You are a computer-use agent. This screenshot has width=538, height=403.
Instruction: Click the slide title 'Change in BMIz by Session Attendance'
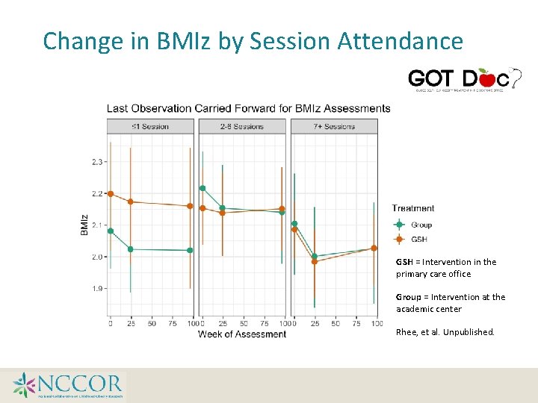click(x=253, y=41)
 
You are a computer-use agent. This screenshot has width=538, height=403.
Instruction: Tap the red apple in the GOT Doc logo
click(x=486, y=77)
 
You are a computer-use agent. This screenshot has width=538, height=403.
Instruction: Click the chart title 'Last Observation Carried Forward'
click(x=248, y=108)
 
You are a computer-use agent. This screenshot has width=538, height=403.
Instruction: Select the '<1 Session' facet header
click(x=150, y=126)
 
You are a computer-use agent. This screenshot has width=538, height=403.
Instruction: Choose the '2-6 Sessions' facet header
click(x=242, y=126)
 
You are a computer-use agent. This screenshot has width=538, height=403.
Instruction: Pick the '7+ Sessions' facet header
click(x=334, y=126)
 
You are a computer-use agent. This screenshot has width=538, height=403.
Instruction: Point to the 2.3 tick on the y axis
click(x=98, y=162)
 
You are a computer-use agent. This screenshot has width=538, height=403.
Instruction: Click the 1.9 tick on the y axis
click(x=98, y=289)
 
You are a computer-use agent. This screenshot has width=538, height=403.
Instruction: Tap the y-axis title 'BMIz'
click(x=84, y=225)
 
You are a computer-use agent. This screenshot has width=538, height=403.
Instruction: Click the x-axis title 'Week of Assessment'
click(x=241, y=334)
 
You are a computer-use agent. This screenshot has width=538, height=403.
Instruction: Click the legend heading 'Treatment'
click(x=412, y=208)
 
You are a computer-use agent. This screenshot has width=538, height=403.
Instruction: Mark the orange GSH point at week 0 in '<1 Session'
click(x=111, y=193)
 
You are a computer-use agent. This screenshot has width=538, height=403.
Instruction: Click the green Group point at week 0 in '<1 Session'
click(x=111, y=231)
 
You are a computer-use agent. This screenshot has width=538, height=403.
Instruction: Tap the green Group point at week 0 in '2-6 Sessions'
click(x=202, y=188)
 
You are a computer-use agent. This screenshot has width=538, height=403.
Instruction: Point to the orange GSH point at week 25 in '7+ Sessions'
click(x=315, y=262)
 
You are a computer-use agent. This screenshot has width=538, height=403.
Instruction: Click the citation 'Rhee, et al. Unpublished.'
click(x=445, y=332)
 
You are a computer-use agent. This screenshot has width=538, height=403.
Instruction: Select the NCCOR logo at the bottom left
click(x=67, y=385)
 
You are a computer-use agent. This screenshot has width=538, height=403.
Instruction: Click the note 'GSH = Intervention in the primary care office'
click(x=445, y=268)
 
